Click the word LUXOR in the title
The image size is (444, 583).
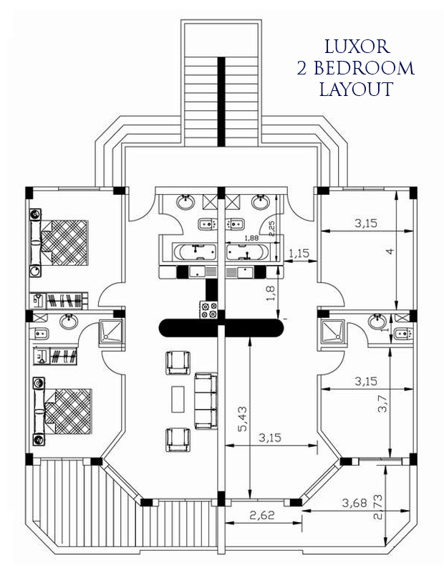tap(357, 47)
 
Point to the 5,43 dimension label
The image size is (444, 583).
tap(243, 419)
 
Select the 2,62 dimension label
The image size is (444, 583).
tap(262, 515)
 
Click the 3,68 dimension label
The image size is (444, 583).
tap(354, 503)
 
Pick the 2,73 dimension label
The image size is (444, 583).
tap(378, 507)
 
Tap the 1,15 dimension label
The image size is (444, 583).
tap(299, 254)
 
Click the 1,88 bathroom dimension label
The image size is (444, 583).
tap(251, 238)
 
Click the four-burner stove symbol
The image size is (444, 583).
tap(208, 310)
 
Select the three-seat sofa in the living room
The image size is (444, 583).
tap(206, 401)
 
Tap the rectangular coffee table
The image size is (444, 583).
tap(178, 400)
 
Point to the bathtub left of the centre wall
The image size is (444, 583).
tap(195, 251)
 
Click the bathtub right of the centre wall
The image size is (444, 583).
tap(247, 251)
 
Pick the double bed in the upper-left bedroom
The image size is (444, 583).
tap(59, 243)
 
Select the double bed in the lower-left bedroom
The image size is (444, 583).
tap(62, 411)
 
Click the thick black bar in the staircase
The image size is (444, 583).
tap(221, 102)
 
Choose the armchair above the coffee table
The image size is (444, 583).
tap(178, 362)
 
